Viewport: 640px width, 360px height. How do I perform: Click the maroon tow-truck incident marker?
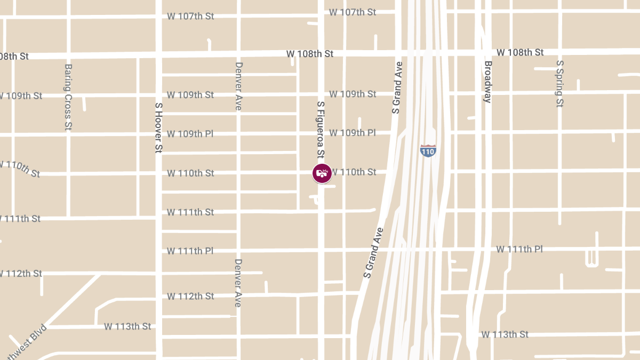tap(322, 173)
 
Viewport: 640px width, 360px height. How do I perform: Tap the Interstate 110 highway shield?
tap(428, 150)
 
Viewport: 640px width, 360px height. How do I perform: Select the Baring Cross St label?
tap(68, 98)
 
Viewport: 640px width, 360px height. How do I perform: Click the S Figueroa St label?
tap(321, 130)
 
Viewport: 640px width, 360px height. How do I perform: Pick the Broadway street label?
tap(487, 82)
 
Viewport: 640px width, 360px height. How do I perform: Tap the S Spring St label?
tap(559, 84)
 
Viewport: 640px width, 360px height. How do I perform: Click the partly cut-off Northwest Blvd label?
tap(24, 343)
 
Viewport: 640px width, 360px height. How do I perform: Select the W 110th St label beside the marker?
tap(354, 172)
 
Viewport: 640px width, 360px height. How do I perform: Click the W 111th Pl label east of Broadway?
tap(519, 249)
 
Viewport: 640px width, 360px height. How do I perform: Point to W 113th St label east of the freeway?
tap(505, 334)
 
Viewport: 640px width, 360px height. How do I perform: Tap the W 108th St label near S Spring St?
tap(520, 52)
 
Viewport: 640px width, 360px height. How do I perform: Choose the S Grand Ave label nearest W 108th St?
tap(397, 87)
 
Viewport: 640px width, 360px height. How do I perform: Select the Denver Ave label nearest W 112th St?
tap(238, 283)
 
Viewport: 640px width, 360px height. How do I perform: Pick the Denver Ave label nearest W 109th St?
tap(238, 86)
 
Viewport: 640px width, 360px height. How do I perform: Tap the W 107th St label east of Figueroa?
tap(353, 12)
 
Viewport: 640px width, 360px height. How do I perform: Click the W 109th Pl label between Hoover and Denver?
tap(190, 133)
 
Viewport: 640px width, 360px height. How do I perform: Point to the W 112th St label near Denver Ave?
tap(190, 296)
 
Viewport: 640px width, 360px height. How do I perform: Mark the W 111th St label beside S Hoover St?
tap(190, 212)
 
